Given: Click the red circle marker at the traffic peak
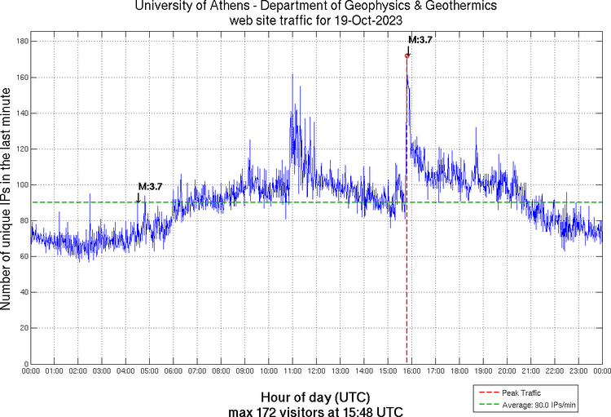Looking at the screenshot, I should (407, 55).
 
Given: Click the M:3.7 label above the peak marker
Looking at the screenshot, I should (420, 39).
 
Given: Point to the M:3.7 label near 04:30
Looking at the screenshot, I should (150, 186).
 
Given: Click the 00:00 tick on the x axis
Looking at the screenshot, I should (31, 371).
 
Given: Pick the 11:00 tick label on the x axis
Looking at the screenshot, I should (292, 371).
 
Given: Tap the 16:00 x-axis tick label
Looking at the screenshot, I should (411, 371).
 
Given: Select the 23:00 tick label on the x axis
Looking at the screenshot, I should (578, 371).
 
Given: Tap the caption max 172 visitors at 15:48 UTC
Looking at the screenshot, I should (315, 409).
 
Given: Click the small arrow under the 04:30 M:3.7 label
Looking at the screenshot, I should (138, 196).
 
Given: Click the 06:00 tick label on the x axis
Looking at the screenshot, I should (174, 371).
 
